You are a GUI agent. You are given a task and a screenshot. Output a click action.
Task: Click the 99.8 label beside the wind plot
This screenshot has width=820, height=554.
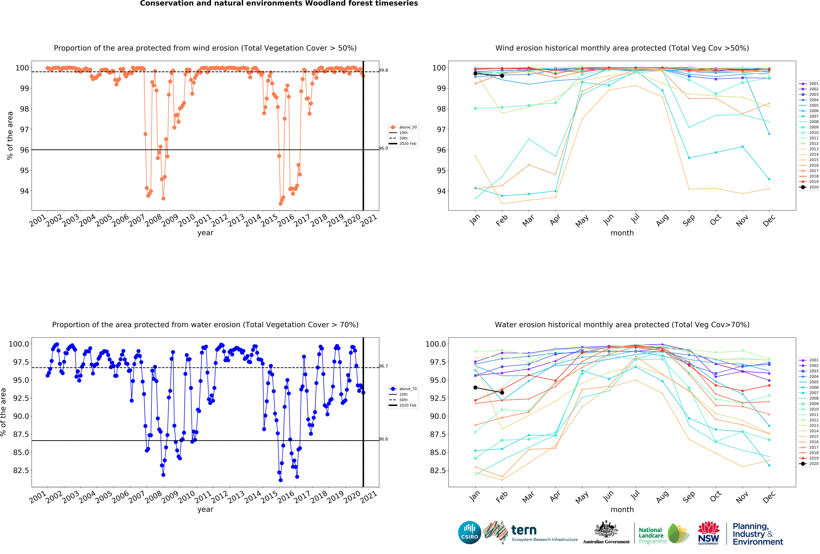pos(383,70)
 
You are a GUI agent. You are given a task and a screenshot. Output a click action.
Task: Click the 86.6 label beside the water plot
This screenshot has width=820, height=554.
pos(383,439)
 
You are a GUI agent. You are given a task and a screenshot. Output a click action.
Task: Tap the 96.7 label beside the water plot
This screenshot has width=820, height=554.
pos(383,366)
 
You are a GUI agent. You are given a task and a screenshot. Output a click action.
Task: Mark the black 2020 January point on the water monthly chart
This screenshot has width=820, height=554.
pos(475,388)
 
